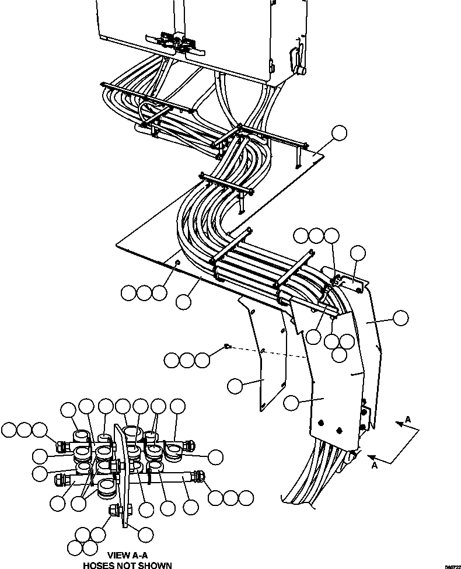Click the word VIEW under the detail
click(x=117, y=556)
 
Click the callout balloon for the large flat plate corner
click(x=338, y=134)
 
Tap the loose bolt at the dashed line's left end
click(x=228, y=348)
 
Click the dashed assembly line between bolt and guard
click(x=268, y=353)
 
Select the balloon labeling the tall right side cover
click(x=400, y=318)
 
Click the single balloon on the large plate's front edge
click(x=184, y=302)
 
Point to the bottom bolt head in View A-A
click(x=114, y=511)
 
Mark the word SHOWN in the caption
click(x=152, y=565)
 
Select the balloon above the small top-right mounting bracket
click(x=358, y=253)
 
